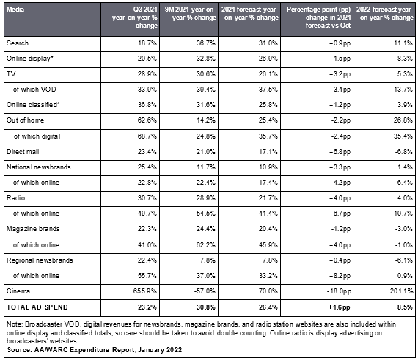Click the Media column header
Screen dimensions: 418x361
pyautogui.click(x=15, y=10)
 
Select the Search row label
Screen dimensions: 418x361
pyautogui.click(x=18, y=43)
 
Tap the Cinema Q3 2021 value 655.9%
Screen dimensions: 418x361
pyautogui.click(x=145, y=291)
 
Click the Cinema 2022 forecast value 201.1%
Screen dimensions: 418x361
pyautogui.click(x=401, y=291)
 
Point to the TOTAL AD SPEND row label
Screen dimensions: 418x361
pyautogui.click(x=37, y=307)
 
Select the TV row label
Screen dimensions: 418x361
pyautogui.click(x=11, y=74)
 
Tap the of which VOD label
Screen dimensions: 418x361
pyautogui.click(x=34, y=90)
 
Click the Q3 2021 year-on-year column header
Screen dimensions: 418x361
pyautogui.click(x=135, y=18)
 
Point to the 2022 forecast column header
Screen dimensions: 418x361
pyautogui.click(x=385, y=14)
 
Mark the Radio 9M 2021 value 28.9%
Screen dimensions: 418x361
pyautogui.click(x=206, y=198)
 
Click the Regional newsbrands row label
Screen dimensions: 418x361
pyautogui.click(x=40, y=260)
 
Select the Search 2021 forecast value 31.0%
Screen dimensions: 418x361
pyautogui.click(x=268, y=43)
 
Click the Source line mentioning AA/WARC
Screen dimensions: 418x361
pyautogui.click(x=95, y=350)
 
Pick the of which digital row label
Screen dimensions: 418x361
pyautogui.click(x=37, y=136)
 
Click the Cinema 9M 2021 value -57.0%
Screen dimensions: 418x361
pyautogui.click(x=205, y=291)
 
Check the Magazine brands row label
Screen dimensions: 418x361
pyautogui.click(x=33, y=229)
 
